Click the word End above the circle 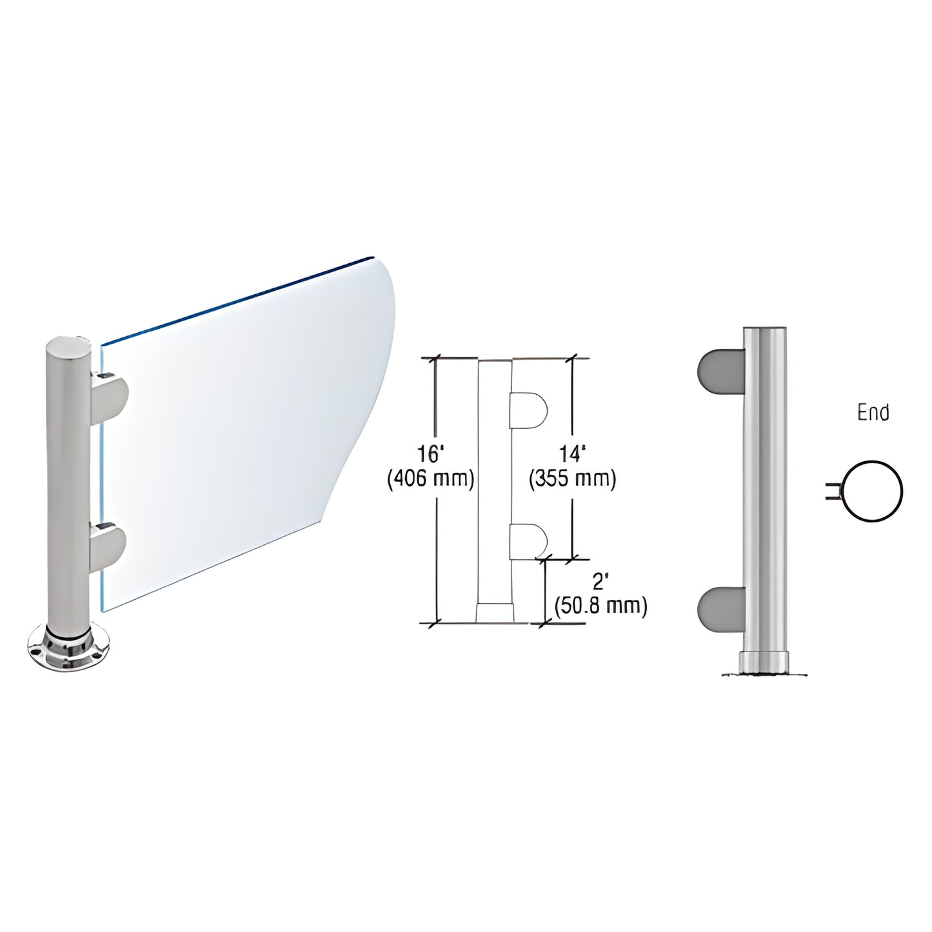pyautogui.click(x=873, y=413)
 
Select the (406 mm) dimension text pyautogui.click(x=431, y=479)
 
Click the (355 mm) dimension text pyautogui.click(x=573, y=479)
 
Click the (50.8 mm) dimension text pyautogui.click(x=600, y=606)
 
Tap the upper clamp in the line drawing pyautogui.click(x=528, y=411)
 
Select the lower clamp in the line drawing pyautogui.click(x=528, y=540)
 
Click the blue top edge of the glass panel pyautogui.click(x=239, y=299)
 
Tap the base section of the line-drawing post pyautogui.click(x=495, y=613)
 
